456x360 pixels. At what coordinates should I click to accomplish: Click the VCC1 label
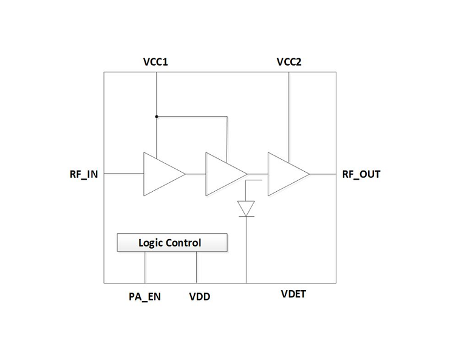(x=155, y=62)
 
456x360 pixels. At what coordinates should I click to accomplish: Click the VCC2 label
(x=289, y=62)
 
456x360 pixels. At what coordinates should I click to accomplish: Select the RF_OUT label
(x=361, y=174)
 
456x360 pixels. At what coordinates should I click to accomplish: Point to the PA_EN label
(x=145, y=297)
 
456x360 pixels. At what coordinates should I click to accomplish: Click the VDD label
(x=200, y=297)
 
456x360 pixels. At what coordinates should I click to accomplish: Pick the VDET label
(x=293, y=294)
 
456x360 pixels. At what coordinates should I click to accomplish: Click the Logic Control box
(x=172, y=243)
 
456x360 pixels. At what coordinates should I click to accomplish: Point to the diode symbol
(x=246, y=208)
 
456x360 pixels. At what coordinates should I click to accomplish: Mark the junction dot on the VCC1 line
(x=156, y=117)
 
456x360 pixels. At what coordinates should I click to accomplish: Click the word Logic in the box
(x=151, y=243)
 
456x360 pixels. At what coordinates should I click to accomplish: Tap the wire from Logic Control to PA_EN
(x=145, y=267)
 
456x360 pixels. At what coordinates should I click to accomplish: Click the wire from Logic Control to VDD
(x=197, y=267)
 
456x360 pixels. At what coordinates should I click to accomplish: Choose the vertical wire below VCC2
(x=289, y=115)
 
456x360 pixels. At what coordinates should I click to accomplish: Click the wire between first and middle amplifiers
(x=196, y=174)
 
